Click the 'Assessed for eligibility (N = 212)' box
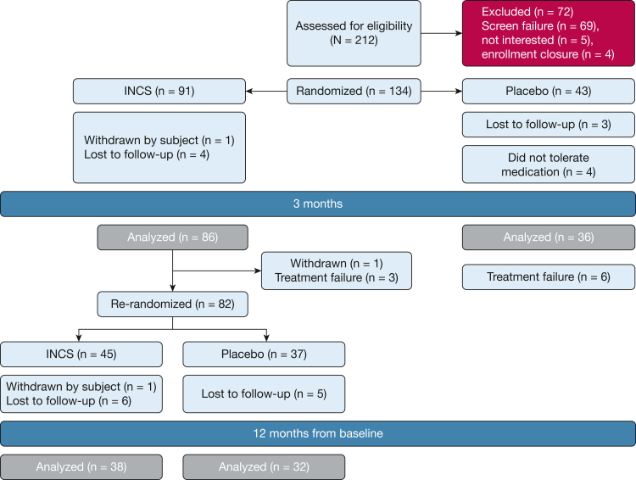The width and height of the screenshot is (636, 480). (x=353, y=34)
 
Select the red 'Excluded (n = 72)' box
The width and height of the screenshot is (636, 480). (x=548, y=34)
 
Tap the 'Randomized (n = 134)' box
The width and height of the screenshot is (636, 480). (x=353, y=91)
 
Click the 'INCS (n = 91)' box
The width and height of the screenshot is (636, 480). (x=159, y=91)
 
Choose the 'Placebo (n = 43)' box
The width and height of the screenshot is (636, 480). (x=548, y=91)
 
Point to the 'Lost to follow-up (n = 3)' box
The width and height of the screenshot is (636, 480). (x=548, y=125)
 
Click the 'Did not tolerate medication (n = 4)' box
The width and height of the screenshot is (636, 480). (x=548, y=165)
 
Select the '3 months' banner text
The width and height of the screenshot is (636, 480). (x=318, y=204)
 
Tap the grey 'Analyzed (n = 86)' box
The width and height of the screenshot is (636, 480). (x=172, y=237)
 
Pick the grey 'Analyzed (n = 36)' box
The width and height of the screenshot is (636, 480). (x=548, y=237)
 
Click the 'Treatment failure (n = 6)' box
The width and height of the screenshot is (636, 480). (x=548, y=277)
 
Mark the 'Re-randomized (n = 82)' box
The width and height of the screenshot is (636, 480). (x=172, y=304)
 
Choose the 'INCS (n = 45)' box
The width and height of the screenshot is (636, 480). (x=81, y=354)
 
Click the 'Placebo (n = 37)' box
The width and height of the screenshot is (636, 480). (x=264, y=354)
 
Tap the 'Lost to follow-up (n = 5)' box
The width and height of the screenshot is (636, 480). (x=264, y=393)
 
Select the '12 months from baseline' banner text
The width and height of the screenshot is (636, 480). (x=318, y=433)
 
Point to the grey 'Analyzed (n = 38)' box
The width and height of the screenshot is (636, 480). (x=81, y=466)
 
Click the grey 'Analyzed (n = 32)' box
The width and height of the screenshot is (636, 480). (x=264, y=466)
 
